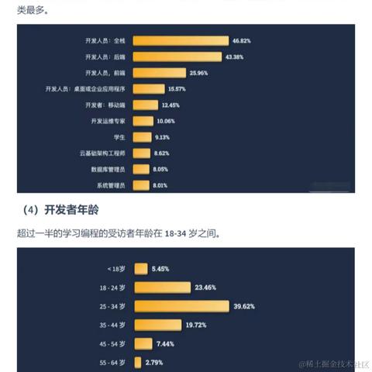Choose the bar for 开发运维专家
144,121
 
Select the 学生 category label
119,137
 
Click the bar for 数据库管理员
142,169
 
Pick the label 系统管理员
112,185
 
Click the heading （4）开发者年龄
67,210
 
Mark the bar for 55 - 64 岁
138,361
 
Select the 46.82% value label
241,40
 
